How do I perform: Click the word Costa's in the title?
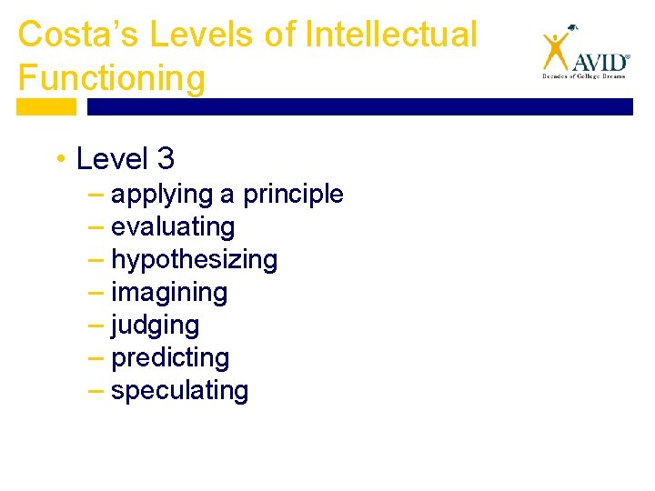pyautogui.click(x=71, y=35)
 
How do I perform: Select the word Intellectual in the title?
pyautogui.click(x=391, y=35)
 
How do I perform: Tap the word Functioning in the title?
pyautogui.click(x=111, y=78)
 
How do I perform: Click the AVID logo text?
pyautogui.click(x=600, y=62)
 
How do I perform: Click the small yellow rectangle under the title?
pyautogui.click(x=46, y=106)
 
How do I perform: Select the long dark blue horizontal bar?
pyautogui.click(x=359, y=106)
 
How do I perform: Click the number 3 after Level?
pyautogui.click(x=165, y=159)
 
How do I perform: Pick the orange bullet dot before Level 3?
pyautogui.click(x=59, y=160)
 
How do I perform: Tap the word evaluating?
pyautogui.click(x=173, y=227)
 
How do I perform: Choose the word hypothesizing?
pyautogui.click(x=194, y=260)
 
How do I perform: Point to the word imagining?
pyautogui.click(x=169, y=293)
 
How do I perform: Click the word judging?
pyautogui.click(x=155, y=326)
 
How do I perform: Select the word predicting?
pyautogui.click(x=170, y=358)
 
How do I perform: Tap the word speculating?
pyautogui.click(x=179, y=391)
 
